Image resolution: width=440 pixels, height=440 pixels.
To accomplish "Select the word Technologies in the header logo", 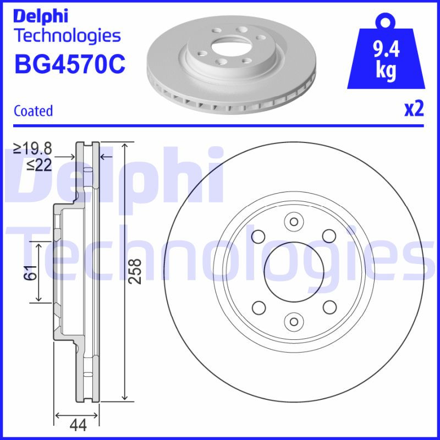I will click(67, 36).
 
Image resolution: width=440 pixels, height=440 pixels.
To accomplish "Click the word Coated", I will click(33, 111).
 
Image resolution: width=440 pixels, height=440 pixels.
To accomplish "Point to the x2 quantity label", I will click(414, 109).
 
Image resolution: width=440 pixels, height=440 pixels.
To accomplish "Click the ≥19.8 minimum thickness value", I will click(33, 148).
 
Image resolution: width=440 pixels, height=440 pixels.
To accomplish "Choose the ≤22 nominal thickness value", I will click(39, 164).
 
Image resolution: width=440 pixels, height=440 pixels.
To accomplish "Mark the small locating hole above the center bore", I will click(293, 222).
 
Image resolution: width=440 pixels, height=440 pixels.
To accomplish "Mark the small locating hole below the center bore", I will click(293, 321).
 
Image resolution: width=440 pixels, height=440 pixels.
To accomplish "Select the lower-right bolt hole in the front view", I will click(329, 306).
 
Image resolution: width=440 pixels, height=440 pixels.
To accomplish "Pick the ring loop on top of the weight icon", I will click(384, 21).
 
